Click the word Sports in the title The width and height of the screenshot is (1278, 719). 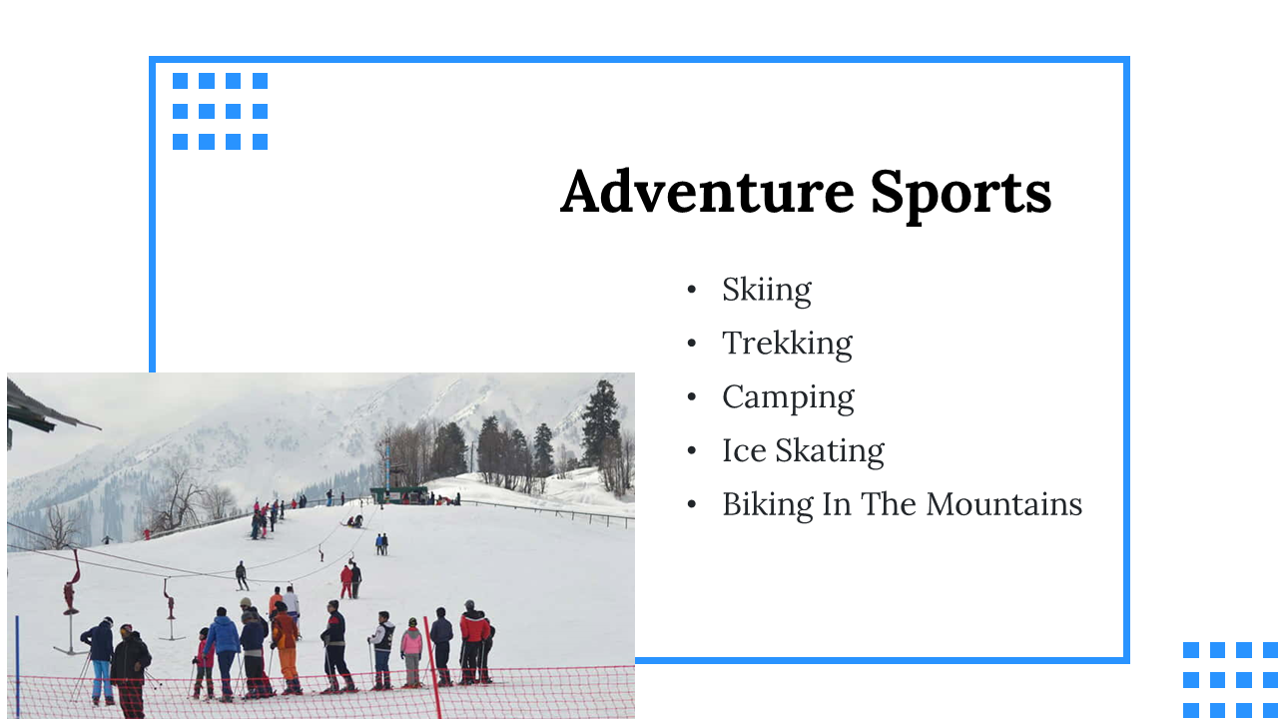point(960,195)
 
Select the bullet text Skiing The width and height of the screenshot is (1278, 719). point(766,291)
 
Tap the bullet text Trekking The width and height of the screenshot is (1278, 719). point(788,345)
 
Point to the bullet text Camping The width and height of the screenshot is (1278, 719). point(789,398)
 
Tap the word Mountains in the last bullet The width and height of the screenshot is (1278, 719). point(1004,504)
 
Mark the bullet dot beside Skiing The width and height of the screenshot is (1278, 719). point(692,290)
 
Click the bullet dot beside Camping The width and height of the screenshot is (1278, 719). point(692,396)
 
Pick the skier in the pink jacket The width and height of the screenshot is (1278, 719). point(411,651)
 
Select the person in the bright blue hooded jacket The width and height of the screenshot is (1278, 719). point(223,653)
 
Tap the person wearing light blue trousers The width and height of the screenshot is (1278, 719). point(101,660)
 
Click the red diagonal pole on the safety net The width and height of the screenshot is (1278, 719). point(432,668)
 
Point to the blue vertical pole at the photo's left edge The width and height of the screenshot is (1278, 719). point(17,668)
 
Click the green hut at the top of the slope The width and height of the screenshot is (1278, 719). point(398,494)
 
